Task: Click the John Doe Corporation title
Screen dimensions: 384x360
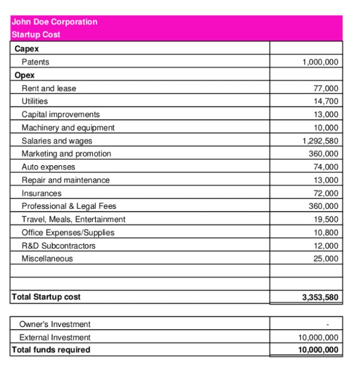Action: click(54, 22)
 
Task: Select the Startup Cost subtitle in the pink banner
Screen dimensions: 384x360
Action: click(36, 35)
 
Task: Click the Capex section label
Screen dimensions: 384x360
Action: click(26, 49)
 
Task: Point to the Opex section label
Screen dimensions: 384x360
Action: click(25, 75)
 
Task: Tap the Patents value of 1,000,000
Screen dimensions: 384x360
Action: click(320, 62)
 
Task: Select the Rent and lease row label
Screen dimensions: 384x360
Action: click(49, 88)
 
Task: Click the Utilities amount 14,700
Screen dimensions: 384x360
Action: click(326, 101)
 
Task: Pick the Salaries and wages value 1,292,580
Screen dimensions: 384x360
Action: click(320, 141)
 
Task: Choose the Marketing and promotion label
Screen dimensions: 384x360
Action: click(66, 153)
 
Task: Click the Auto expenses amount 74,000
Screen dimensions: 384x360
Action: click(326, 167)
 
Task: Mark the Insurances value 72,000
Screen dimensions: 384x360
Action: click(326, 193)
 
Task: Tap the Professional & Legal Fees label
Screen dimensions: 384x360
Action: click(69, 206)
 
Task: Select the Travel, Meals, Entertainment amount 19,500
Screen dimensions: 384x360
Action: click(326, 219)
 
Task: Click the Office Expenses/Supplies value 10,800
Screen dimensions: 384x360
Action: click(326, 232)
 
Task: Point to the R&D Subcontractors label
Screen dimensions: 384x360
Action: click(58, 246)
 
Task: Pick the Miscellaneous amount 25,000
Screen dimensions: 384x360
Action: click(326, 259)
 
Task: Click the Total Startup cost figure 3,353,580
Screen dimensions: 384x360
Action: click(320, 298)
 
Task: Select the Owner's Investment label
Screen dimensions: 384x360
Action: click(55, 324)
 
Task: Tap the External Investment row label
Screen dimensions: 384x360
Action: click(55, 338)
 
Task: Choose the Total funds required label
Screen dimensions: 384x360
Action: click(51, 350)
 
